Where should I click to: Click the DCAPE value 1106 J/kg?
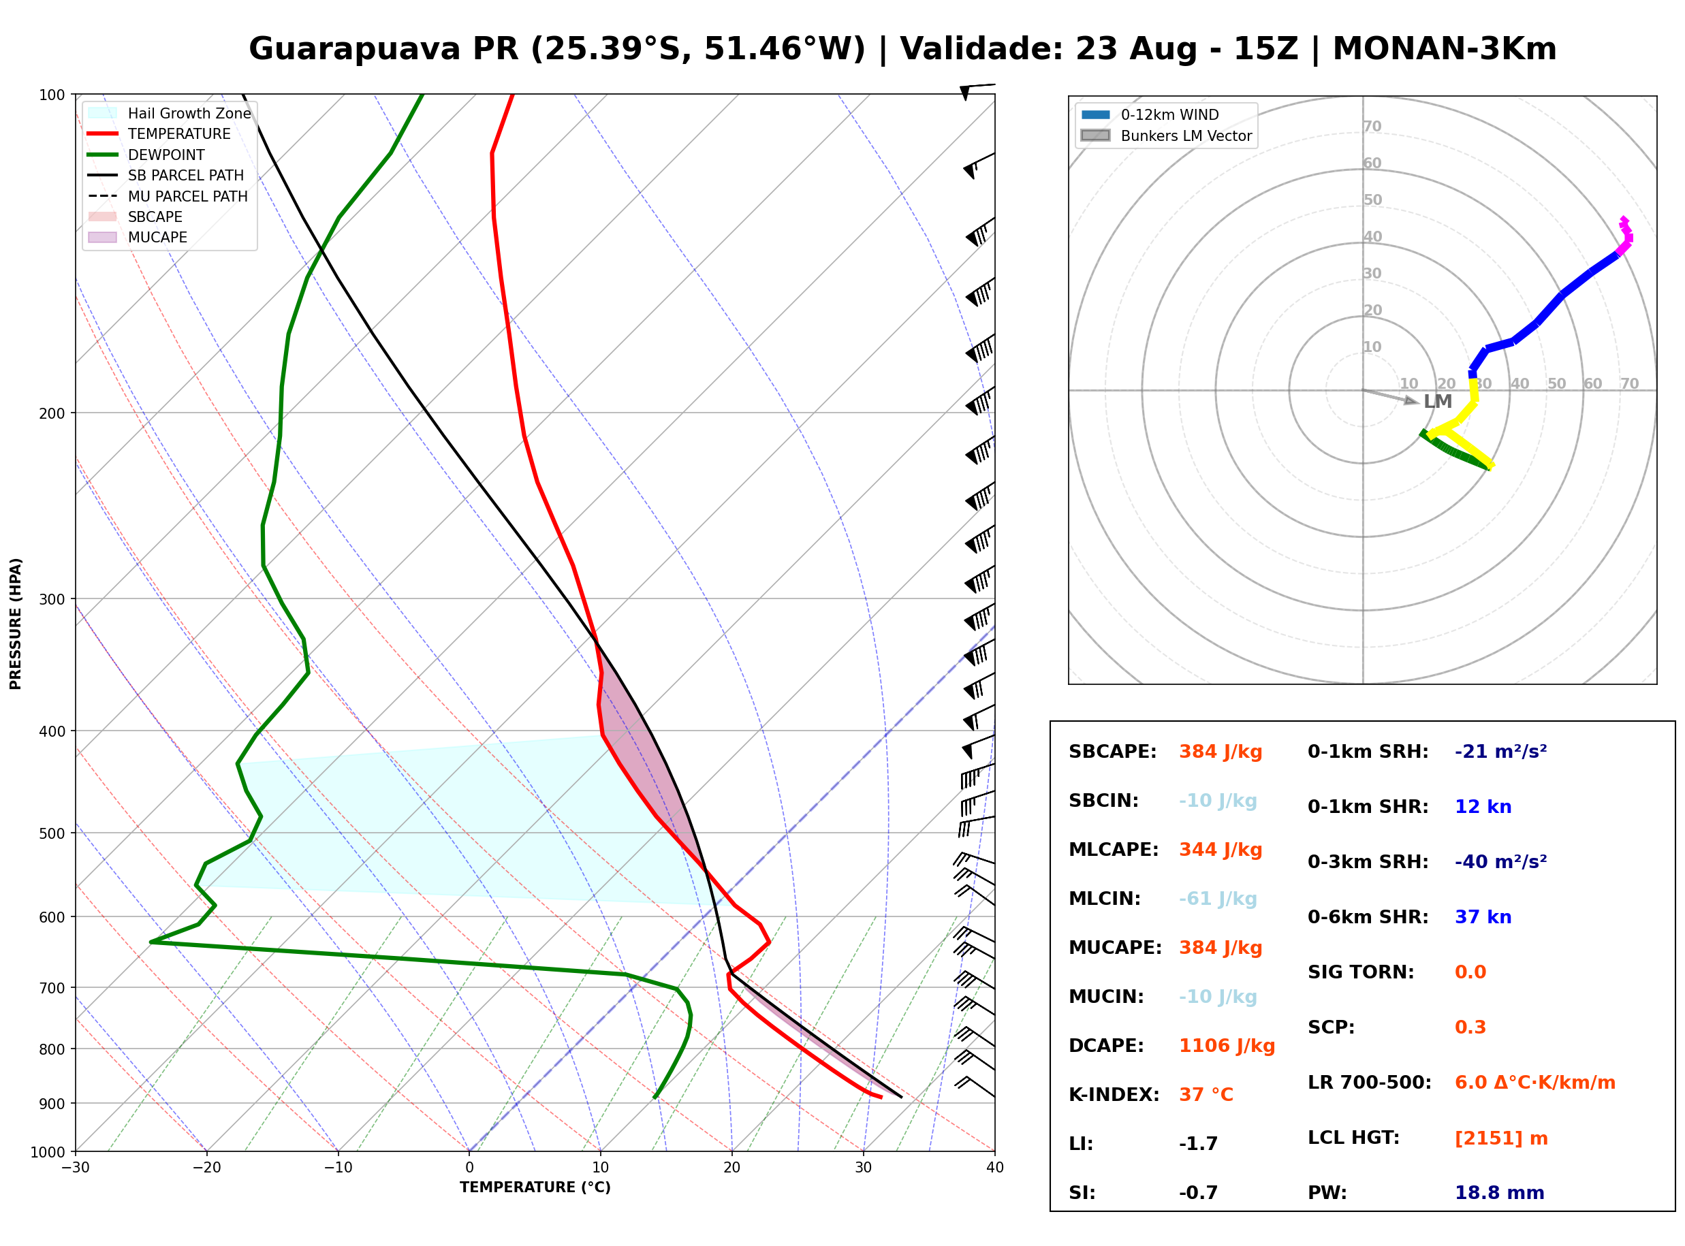(1227, 1046)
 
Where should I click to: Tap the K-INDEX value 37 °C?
(1206, 1095)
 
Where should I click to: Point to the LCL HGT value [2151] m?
(1501, 1138)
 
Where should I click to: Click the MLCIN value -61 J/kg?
(1217, 899)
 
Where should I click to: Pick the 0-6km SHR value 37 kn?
(1483, 917)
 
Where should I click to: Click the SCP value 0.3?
(1470, 1027)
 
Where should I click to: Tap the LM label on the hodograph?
(1438, 401)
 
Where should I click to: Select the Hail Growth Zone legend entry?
(168, 113)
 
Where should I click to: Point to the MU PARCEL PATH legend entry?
(168, 196)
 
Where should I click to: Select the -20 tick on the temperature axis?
(206, 1168)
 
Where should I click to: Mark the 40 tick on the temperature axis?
(994, 1168)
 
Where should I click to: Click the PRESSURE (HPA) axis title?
(16, 624)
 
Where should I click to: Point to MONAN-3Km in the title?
(1445, 49)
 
